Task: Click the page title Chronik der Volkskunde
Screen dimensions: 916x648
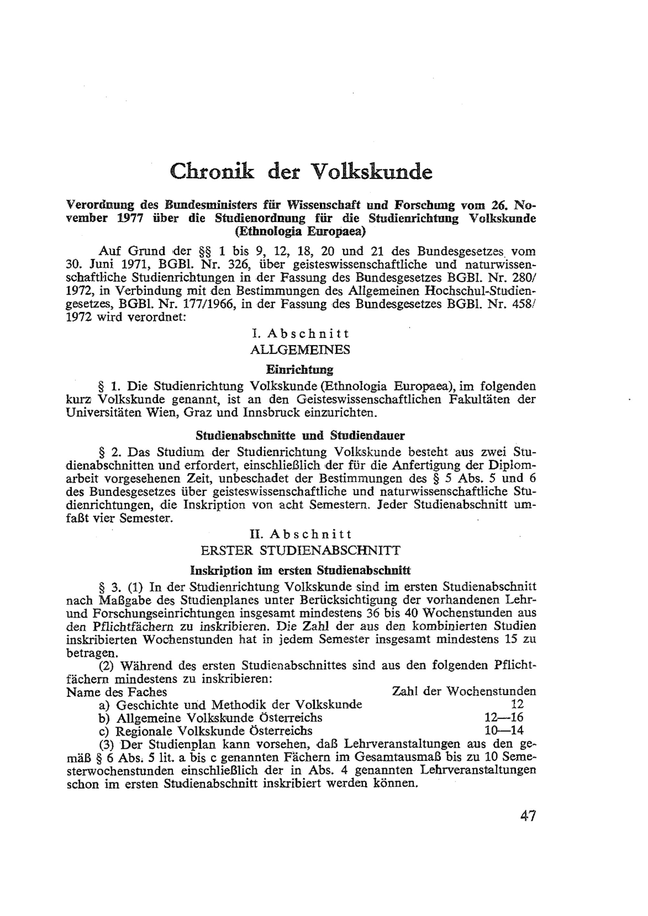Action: (301, 172)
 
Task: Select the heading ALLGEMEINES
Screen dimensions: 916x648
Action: (300, 350)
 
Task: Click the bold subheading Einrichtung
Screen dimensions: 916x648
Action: (300, 370)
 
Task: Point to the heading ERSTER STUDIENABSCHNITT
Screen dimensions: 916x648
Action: (300, 551)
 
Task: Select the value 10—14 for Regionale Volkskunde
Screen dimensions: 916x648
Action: (503, 731)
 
